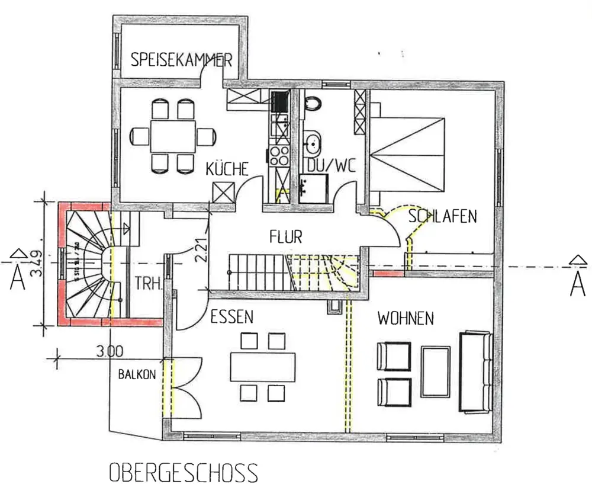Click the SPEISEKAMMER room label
point(181,60)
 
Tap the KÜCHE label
point(227,169)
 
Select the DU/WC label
point(330,165)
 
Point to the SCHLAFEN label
point(442,216)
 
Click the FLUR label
point(285,238)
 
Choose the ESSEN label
point(232,317)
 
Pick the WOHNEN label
point(406,319)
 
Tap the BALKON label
point(137,374)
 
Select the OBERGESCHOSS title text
point(184,473)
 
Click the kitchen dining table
point(172,136)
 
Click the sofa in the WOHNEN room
point(475,371)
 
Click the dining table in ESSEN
point(263,367)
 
